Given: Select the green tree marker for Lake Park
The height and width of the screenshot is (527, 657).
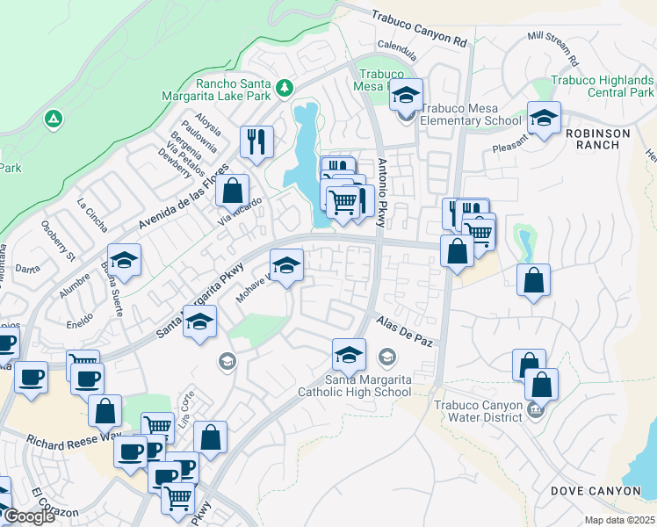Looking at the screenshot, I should pos(284,88).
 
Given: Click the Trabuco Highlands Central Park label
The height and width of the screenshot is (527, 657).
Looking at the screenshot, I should pos(602,86).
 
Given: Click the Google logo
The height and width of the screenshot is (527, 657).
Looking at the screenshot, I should pos(29,516).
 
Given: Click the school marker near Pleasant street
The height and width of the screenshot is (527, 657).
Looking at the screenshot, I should pos(544,119).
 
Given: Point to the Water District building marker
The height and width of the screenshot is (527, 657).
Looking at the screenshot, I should pos(534,408).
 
